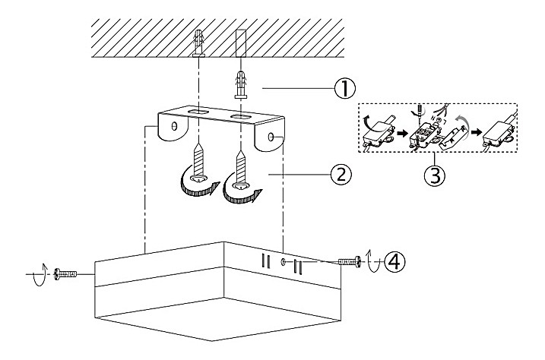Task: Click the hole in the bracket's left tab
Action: click(175, 126)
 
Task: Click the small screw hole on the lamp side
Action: click(283, 263)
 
